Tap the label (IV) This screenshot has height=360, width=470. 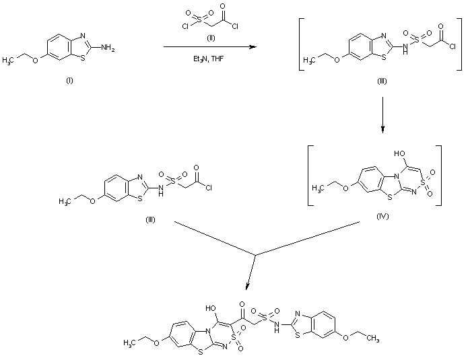(x=383, y=218)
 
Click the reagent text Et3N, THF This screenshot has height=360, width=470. (x=210, y=59)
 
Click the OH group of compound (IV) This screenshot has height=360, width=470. (x=386, y=152)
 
